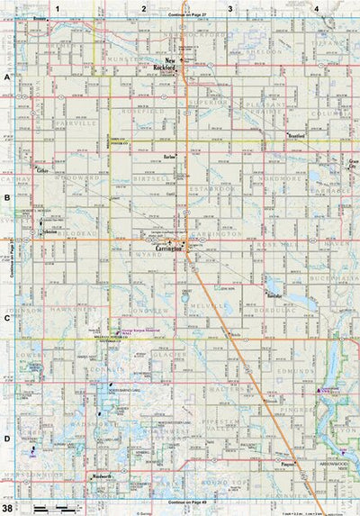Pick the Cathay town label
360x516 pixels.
coord(41,169)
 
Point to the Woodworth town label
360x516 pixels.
coord(100,475)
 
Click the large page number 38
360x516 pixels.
coord(7,507)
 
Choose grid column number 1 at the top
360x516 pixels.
coord(56,7)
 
